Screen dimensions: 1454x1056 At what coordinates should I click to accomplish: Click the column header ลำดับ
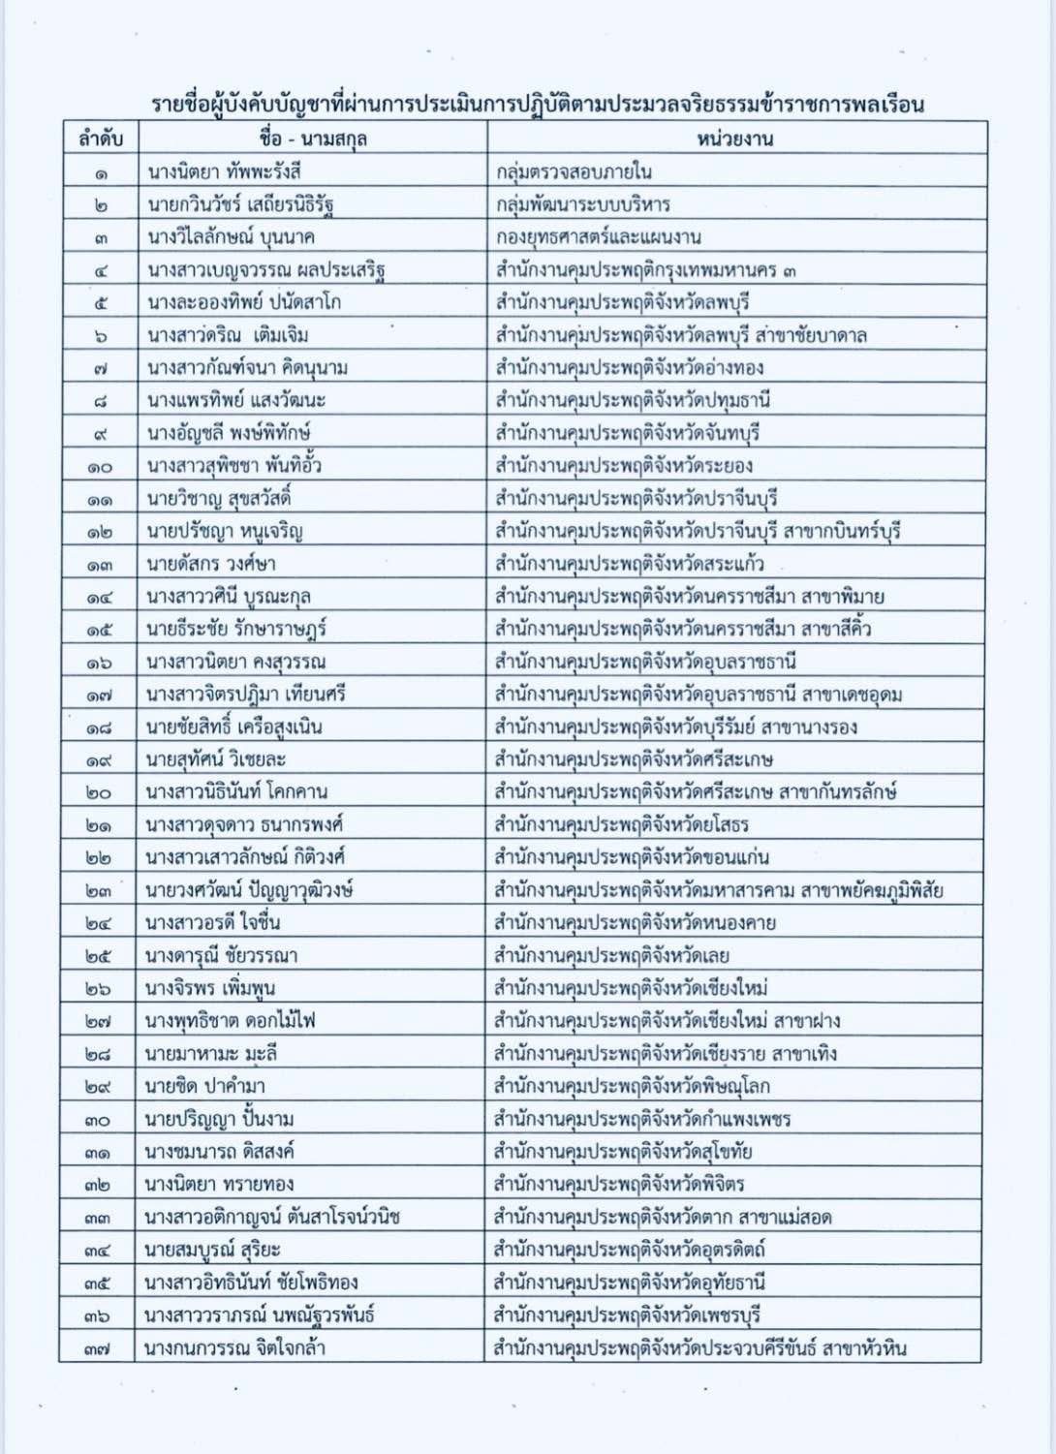(x=101, y=139)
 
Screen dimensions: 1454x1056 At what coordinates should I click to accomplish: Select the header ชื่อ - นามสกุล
(x=313, y=139)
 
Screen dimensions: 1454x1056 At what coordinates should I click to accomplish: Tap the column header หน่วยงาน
(x=734, y=139)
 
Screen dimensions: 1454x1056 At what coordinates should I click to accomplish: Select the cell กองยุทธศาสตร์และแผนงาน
(x=598, y=237)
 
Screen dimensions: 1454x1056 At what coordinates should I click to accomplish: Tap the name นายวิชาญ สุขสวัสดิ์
(x=219, y=499)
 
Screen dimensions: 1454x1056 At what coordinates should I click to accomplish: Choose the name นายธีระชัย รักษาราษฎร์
(x=236, y=629)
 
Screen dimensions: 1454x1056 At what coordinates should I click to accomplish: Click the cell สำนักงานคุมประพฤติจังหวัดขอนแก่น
(x=632, y=857)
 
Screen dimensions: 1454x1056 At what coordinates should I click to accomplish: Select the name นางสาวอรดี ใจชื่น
(x=213, y=922)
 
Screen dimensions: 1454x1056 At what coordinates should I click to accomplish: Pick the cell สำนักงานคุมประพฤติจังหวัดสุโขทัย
(x=623, y=1152)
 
